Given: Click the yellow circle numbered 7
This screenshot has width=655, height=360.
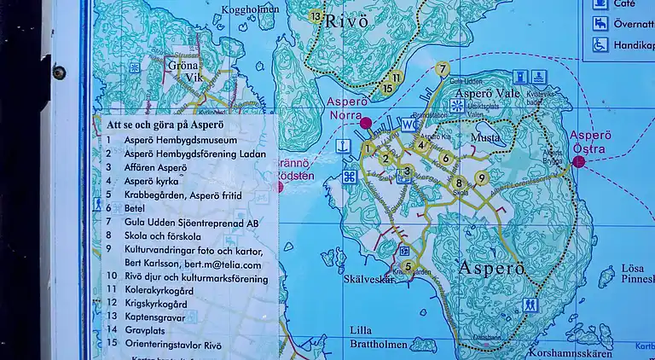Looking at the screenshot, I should click(441, 69).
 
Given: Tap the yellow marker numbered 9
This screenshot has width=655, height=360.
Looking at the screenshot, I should click(482, 178).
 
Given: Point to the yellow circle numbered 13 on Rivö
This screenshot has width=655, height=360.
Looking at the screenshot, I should click(316, 16).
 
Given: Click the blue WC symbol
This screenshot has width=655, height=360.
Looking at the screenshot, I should click(407, 125).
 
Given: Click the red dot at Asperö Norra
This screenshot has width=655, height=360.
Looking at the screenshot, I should click(366, 124).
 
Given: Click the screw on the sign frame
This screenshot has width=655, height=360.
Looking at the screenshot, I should click(58, 72).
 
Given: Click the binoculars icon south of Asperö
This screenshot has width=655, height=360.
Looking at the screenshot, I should click(530, 303).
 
